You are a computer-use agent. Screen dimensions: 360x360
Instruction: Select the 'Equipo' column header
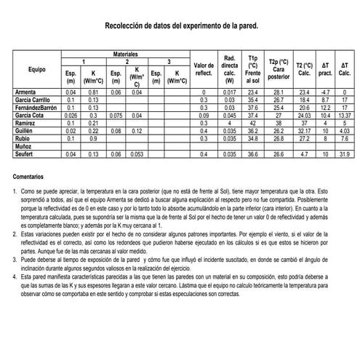(37, 69)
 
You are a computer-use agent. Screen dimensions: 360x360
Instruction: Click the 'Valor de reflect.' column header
(204, 69)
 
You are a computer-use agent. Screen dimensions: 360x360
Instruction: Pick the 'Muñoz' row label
(24, 147)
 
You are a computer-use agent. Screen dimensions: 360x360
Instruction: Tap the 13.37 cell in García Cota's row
(345, 116)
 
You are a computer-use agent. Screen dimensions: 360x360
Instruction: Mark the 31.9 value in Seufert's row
(345, 154)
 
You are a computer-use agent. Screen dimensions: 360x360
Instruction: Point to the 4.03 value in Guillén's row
(345, 131)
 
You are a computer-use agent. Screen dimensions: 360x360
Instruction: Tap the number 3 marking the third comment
(15, 258)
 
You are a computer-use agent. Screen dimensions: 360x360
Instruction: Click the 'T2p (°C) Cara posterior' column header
(279, 69)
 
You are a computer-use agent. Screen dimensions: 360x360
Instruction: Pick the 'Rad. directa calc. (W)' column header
(229, 69)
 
